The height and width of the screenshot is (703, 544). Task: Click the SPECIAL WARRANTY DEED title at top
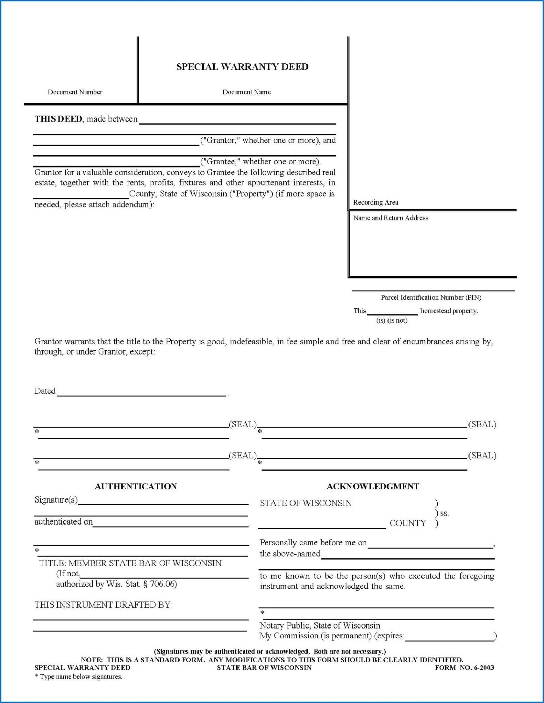pos(242,67)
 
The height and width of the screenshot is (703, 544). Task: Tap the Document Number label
pos(75,92)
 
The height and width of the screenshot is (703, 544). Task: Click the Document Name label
pos(246,92)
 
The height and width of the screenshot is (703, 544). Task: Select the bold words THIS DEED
pos(58,119)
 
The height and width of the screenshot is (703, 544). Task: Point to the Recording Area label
pos(375,203)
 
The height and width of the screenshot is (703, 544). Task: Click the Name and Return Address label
pos(391,218)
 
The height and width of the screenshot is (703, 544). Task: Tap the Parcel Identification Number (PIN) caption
pos(431,297)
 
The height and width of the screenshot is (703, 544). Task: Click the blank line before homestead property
pos(392,312)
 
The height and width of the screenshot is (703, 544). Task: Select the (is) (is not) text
pos(392,320)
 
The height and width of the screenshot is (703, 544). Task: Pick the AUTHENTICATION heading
pos(136,486)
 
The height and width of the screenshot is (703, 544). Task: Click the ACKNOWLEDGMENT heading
pos(373,486)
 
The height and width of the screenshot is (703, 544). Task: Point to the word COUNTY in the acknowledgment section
pos(407,523)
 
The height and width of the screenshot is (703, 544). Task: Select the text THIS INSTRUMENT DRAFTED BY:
pos(104,604)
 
